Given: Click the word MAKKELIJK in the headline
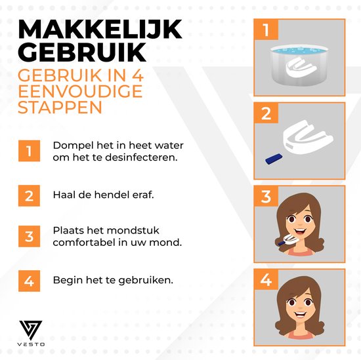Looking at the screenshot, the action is pos(100,30).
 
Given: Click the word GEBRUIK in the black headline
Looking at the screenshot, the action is pos(82,52).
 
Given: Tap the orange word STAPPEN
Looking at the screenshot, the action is pos(60,107).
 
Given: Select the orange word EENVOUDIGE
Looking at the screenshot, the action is pos(80,91).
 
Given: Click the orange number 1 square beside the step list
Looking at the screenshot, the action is pos(30,151).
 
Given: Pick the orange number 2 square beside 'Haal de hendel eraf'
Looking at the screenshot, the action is pos(30,196).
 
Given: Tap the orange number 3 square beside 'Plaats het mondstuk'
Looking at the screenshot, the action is pos(30,236).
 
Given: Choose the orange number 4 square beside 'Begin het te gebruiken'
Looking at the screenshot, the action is pos(30,281).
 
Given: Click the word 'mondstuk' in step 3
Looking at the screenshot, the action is pos(133,230).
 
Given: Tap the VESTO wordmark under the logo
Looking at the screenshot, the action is pos(31,344).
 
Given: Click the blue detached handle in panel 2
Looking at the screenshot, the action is pos(274,159).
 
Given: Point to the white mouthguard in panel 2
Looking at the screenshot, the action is pos(308,136).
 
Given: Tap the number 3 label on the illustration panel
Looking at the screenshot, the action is pos(266,196).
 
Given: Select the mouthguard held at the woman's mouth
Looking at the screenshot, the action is pos(287,240).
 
